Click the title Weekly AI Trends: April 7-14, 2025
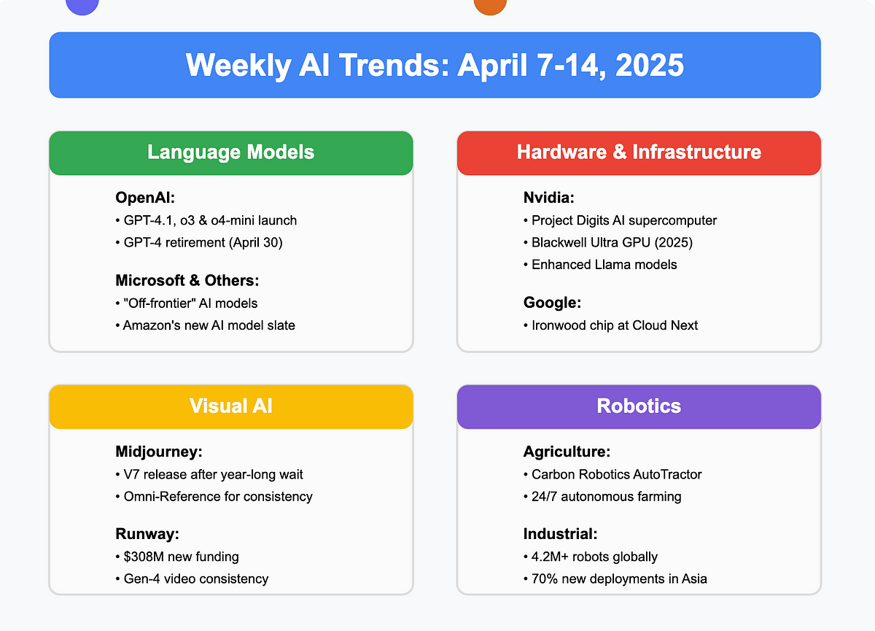click(x=435, y=65)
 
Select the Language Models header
click(x=231, y=152)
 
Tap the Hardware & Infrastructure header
click(x=639, y=152)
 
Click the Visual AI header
click(x=231, y=406)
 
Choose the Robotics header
click(x=639, y=406)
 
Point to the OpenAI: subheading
click(x=145, y=198)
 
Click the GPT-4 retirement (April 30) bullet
click(x=199, y=243)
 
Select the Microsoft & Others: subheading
click(x=187, y=281)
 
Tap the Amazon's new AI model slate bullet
click(x=205, y=325)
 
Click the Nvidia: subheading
click(x=549, y=198)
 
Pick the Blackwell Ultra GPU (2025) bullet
click(x=608, y=243)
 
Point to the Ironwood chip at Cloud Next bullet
click(x=610, y=325)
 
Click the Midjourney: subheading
click(x=159, y=452)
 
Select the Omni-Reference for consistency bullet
click(x=214, y=497)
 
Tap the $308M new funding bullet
click(x=177, y=557)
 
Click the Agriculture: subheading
click(x=567, y=452)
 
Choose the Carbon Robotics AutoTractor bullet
click(x=612, y=474)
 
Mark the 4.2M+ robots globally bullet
click(x=591, y=557)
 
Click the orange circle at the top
click(x=490, y=5)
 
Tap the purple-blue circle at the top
click(x=82, y=5)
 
